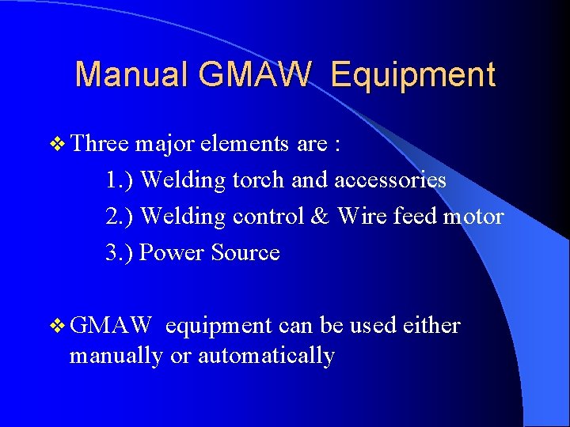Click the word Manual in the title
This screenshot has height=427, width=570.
pyautogui.click(x=131, y=74)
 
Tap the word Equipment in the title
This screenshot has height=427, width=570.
pyautogui.click(x=413, y=74)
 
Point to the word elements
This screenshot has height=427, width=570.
pyautogui.click(x=245, y=144)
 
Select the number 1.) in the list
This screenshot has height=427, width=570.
pyautogui.click(x=120, y=180)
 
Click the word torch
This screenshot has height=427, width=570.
pyautogui.click(x=257, y=180)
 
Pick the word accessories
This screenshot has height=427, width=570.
pyautogui.click(x=390, y=180)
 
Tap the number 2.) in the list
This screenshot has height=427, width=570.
pyautogui.click(x=120, y=217)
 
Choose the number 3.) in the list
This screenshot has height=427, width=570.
pyautogui.click(x=120, y=253)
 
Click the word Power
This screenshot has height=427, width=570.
pyautogui.click(x=172, y=253)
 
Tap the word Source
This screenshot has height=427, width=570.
pyautogui.click(x=245, y=253)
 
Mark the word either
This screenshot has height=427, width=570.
pyautogui.click(x=431, y=326)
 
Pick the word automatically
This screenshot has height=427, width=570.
pyautogui.click(x=266, y=357)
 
